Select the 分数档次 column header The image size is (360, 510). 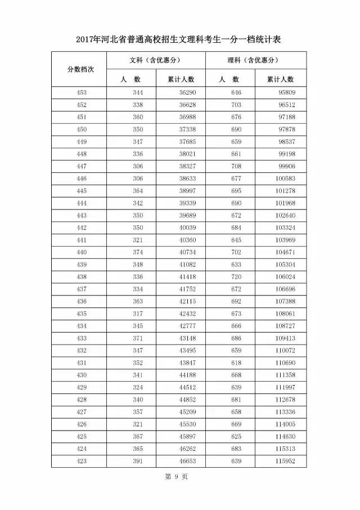point(80,69)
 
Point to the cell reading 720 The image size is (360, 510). point(236,277)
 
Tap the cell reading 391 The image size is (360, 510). point(138,462)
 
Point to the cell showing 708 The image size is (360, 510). point(236,167)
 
